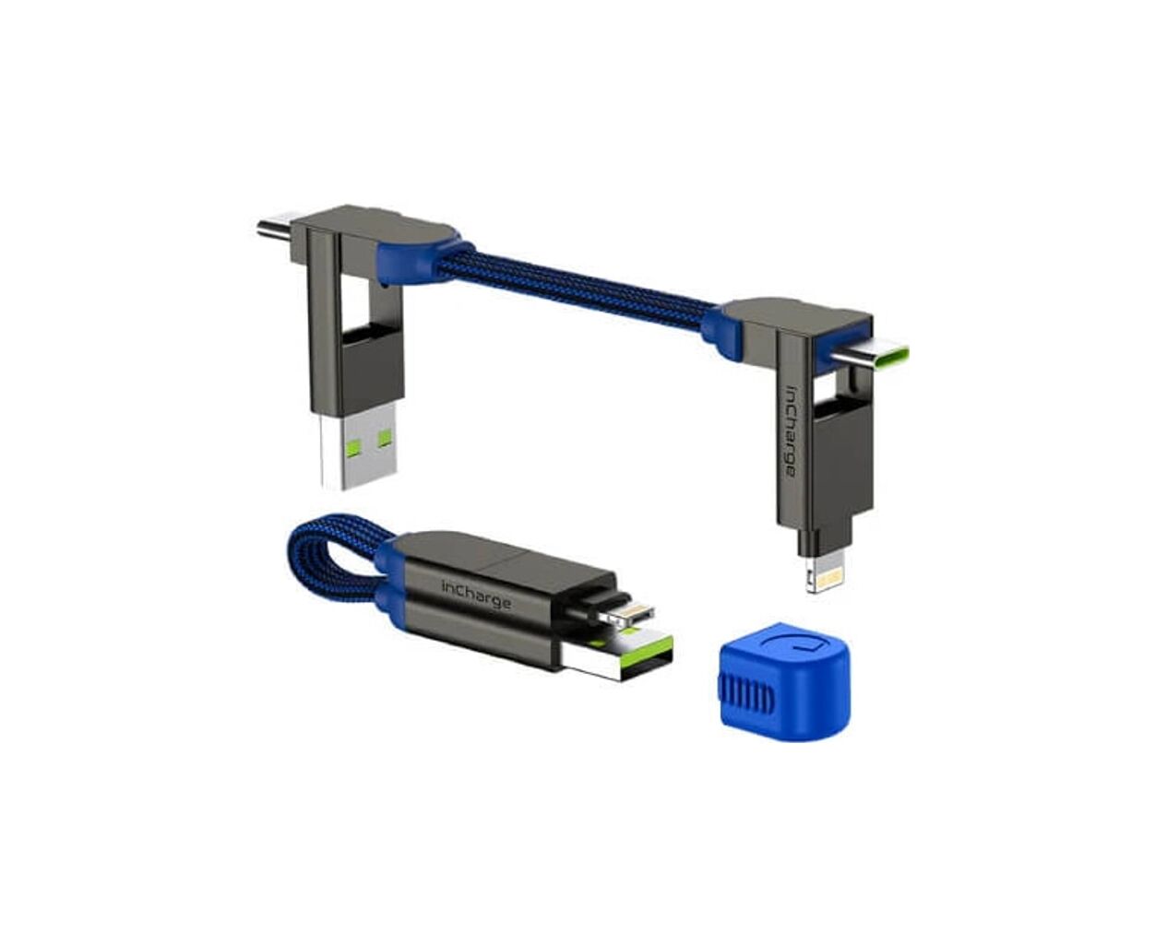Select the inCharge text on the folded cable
476,595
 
